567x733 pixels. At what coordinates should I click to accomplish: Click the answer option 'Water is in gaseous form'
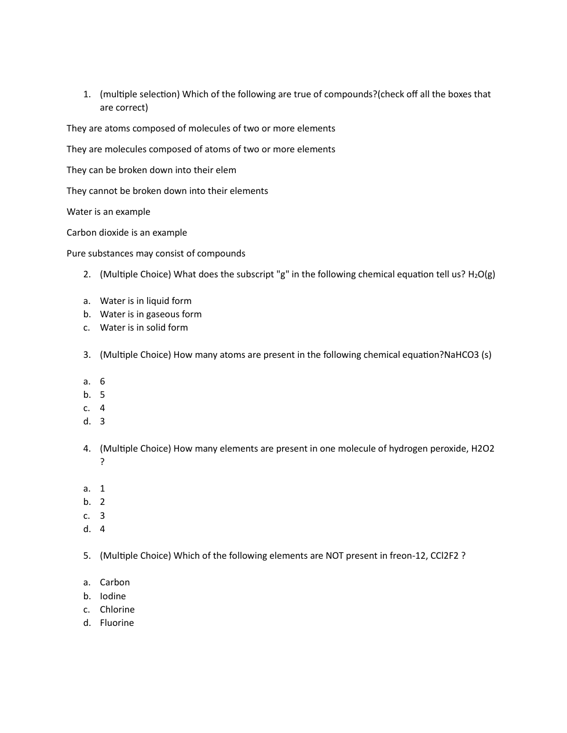[151, 314]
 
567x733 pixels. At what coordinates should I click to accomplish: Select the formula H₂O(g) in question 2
[481, 274]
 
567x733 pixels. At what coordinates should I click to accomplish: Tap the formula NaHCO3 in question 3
[461, 355]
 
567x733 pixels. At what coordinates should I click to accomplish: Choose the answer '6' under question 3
[103, 382]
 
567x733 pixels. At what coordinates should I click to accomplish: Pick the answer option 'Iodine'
[112, 596]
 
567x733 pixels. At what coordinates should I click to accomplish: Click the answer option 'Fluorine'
[116, 623]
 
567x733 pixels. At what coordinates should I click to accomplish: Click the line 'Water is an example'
[108, 212]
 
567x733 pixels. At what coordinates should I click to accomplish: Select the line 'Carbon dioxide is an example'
[127, 233]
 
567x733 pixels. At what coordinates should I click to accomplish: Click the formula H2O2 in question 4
[482, 449]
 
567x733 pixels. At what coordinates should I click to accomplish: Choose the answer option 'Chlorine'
[117, 610]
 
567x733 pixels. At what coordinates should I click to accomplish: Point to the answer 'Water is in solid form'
[144, 328]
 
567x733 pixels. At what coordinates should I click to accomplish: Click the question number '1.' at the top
[87, 94]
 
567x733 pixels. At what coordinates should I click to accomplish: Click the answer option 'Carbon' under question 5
[115, 582]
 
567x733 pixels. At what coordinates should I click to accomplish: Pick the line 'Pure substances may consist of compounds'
[156, 254]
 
